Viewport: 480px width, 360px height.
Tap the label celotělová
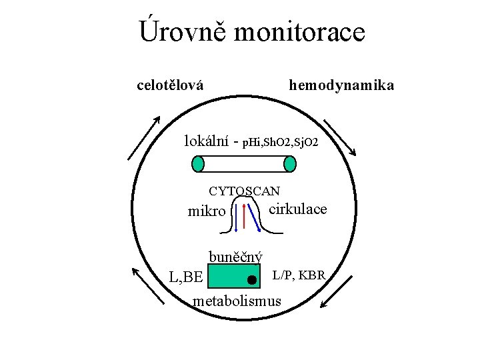tap(170, 85)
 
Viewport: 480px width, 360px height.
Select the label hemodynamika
tap(341, 85)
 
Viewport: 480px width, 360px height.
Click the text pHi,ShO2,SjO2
tap(280, 142)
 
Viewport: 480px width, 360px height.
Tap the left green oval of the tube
tap(198, 163)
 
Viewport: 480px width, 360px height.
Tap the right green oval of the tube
tap(289, 163)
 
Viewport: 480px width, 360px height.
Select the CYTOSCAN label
tap(245, 191)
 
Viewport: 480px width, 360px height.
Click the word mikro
tap(207, 212)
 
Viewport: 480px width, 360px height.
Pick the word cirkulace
tap(297, 209)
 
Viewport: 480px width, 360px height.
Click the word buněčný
tap(235, 257)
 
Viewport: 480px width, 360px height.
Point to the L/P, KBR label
tap(298, 275)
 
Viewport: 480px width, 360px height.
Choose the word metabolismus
tap(237, 301)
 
